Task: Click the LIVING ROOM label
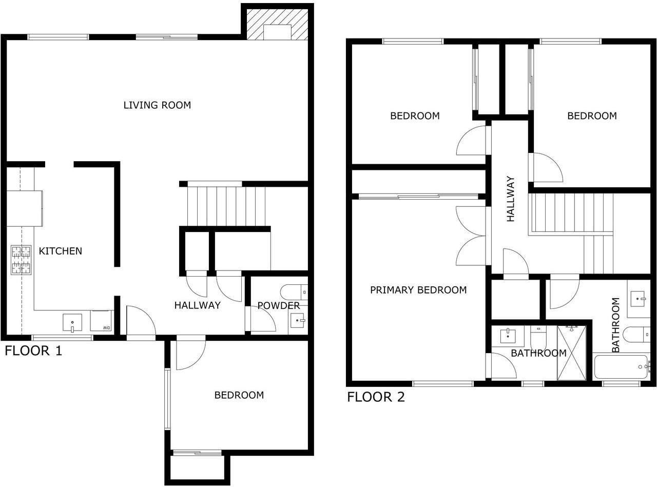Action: (157, 105)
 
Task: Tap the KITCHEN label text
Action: (61, 251)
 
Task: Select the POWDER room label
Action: (278, 305)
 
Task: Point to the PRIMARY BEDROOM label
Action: (418, 290)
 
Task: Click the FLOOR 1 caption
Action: (33, 350)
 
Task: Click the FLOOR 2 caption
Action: (376, 397)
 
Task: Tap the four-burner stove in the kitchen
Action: (21, 260)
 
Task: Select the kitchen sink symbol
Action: (72, 323)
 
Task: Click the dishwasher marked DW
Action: (101, 321)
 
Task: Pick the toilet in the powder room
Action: (294, 292)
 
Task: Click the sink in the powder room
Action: (298, 321)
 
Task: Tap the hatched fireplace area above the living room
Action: (277, 24)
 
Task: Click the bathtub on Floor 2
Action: (621, 367)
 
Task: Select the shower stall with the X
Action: (572, 353)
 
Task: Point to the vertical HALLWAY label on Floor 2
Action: (510, 199)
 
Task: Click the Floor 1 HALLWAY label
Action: (197, 305)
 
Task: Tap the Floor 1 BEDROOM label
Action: (239, 395)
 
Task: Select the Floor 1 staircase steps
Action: (226, 206)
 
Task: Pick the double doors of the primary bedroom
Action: (471, 236)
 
